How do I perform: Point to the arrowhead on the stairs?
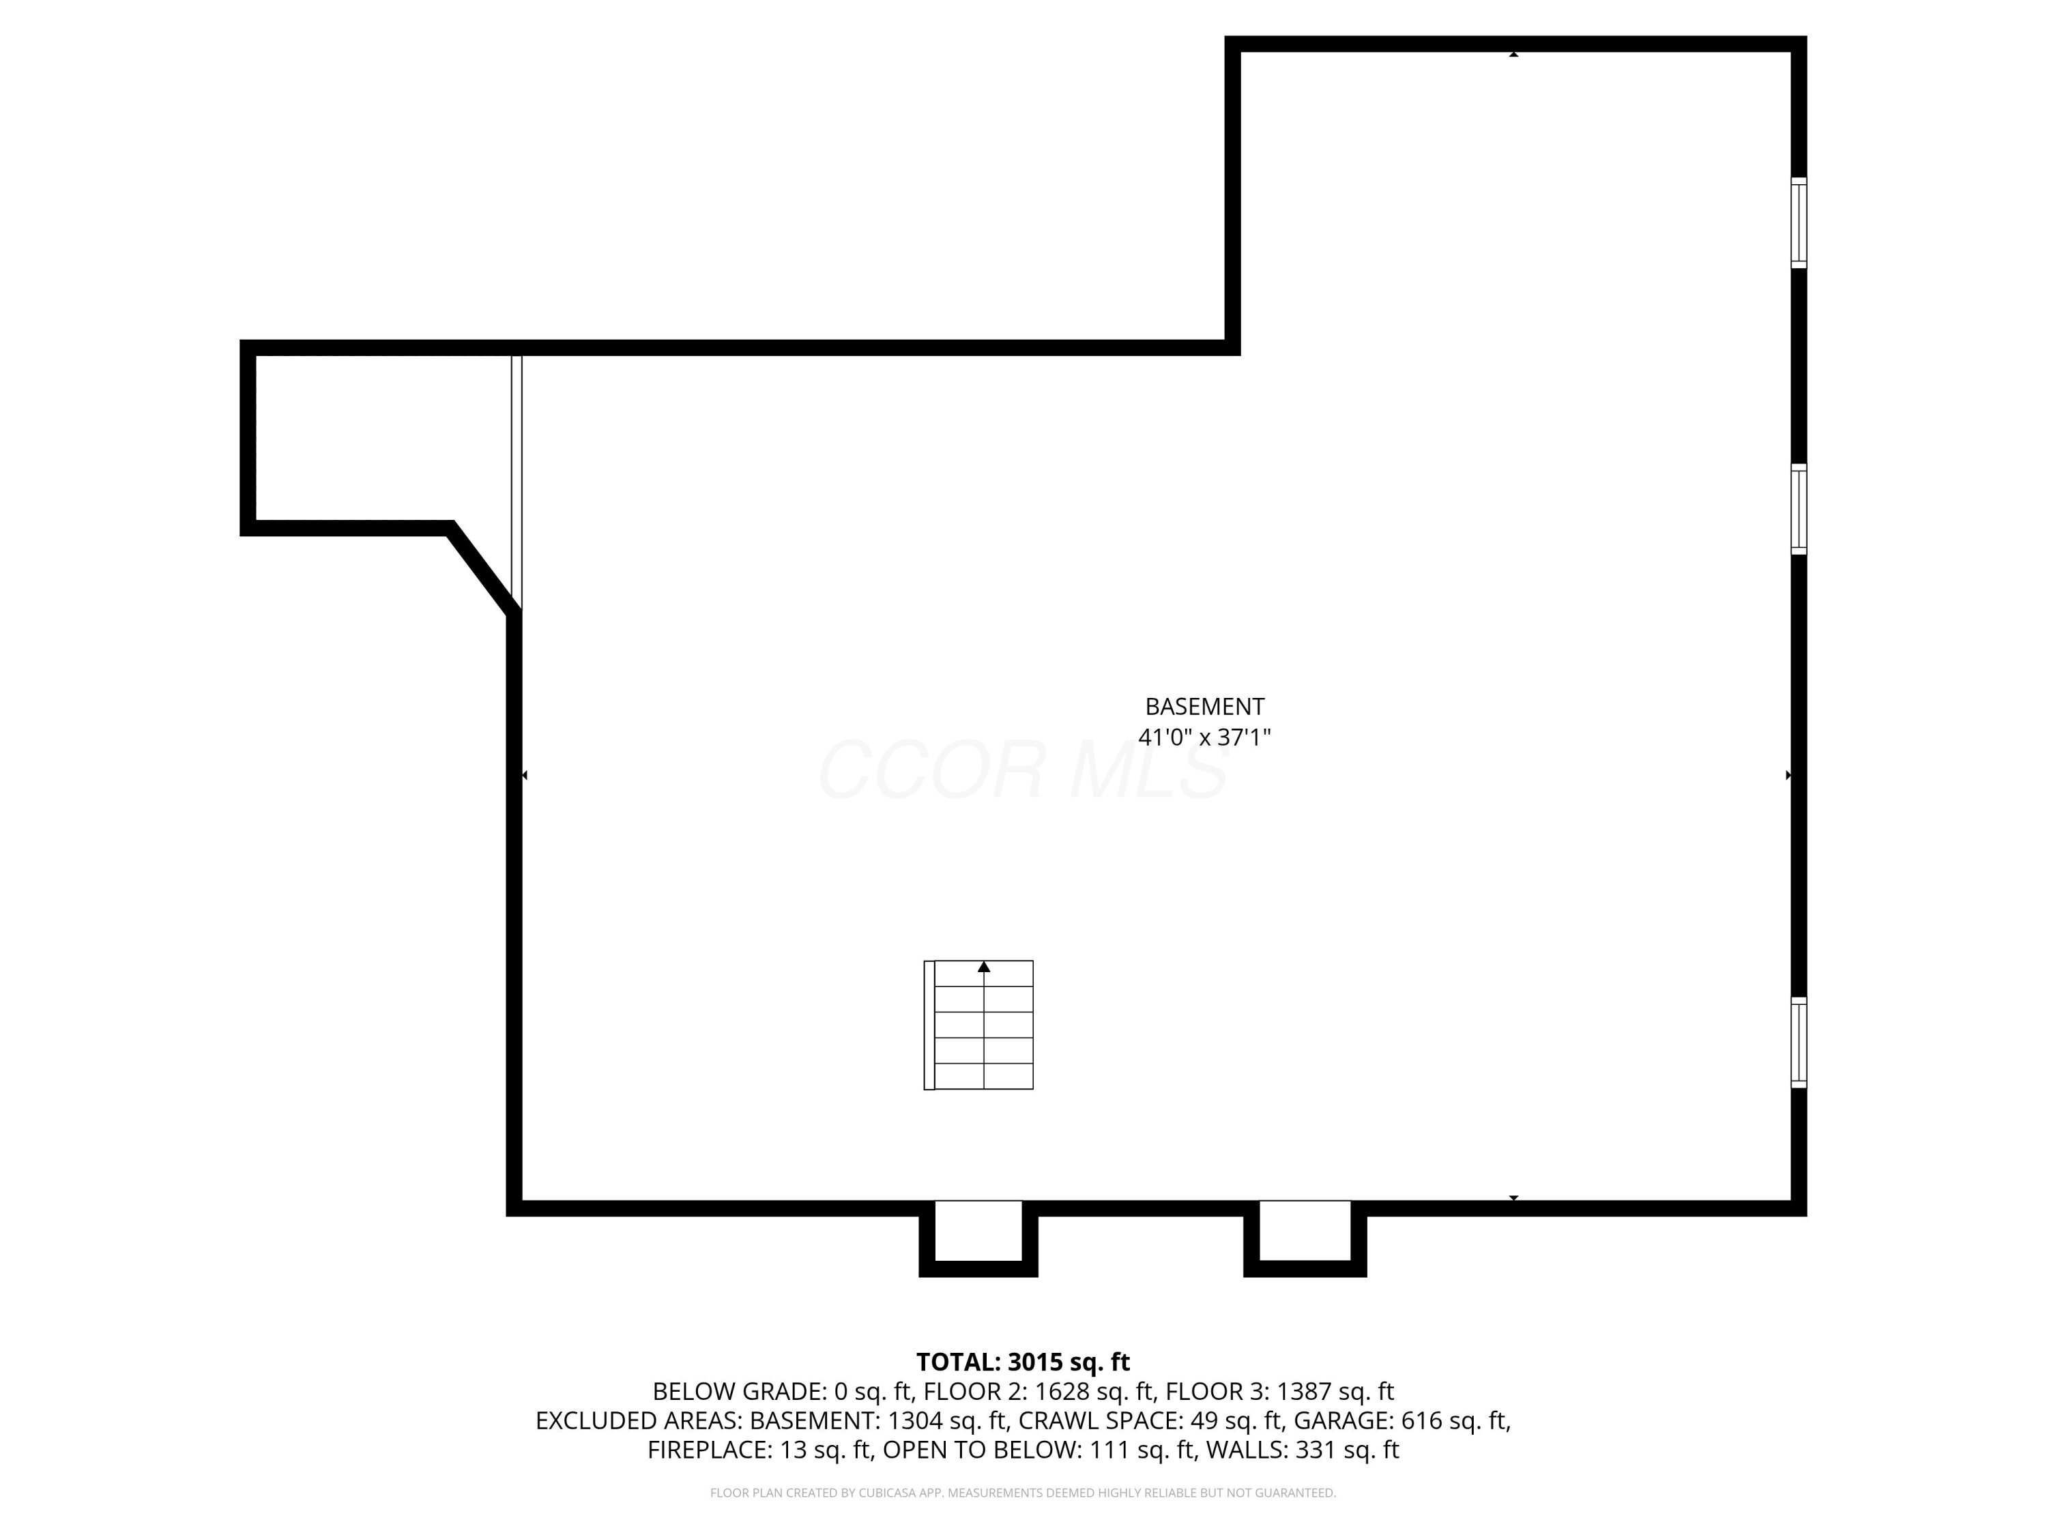(984, 967)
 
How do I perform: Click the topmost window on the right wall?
(1798, 223)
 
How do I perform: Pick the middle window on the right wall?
(1798, 509)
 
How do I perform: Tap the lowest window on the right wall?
(1798, 1042)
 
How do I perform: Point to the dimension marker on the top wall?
(1514, 55)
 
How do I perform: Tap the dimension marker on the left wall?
(525, 776)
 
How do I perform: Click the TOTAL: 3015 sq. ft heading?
(1023, 1362)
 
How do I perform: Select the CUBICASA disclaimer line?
(1023, 1493)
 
